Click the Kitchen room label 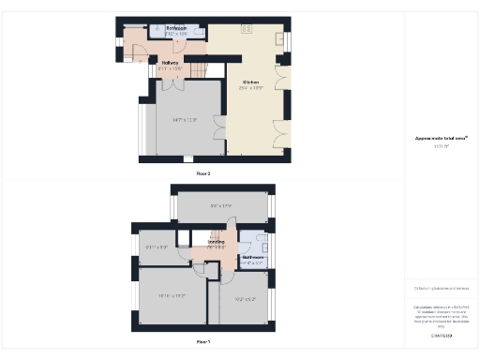pos(251,82)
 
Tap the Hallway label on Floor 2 pos(170,64)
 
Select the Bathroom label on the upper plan pos(177,28)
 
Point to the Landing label pos(215,242)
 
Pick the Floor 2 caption pos(203,173)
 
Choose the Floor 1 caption pos(203,341)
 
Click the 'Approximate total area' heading pos(440,139)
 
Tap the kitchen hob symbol pos(247,29)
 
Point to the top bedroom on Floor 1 pos(221,207)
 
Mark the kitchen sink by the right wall pos(279,40)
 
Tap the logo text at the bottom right pos(441,335)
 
